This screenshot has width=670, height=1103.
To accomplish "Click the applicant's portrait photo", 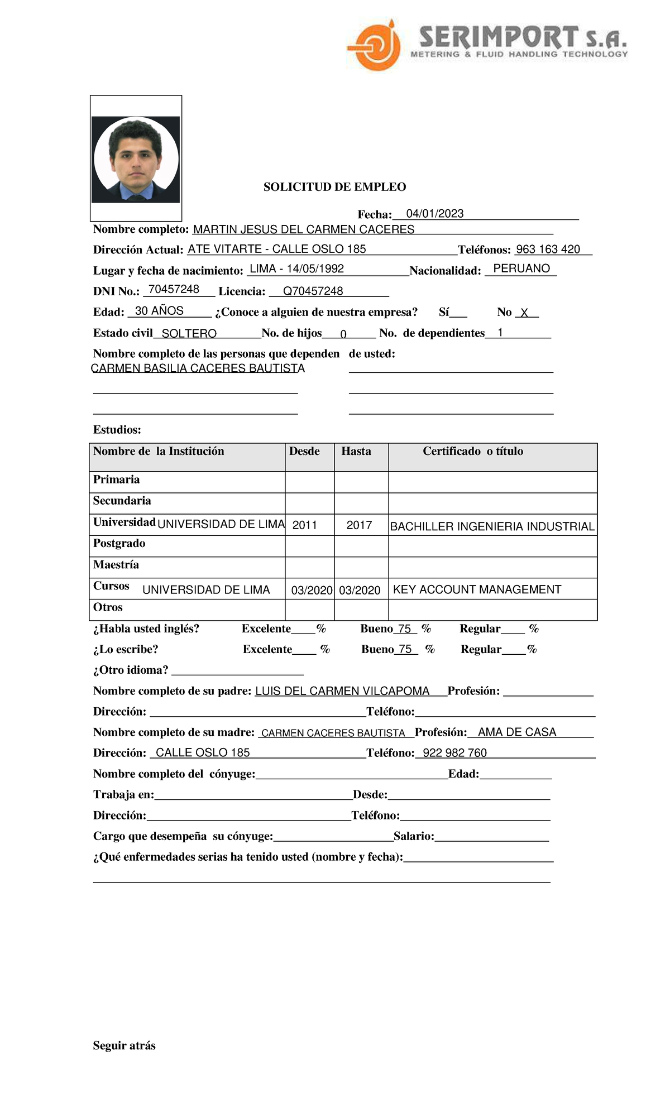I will coord(136,159).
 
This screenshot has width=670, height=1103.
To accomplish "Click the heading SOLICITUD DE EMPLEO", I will coord(334,187).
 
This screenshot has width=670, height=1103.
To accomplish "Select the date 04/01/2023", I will coord(435,214).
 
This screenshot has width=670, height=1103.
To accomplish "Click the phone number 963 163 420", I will coord(548,250).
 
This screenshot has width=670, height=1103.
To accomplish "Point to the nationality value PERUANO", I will coord(521,268).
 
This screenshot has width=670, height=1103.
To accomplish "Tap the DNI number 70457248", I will coord(174,289).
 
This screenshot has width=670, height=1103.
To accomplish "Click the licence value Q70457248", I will coord(313,291).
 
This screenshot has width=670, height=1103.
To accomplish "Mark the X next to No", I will coord(524,313).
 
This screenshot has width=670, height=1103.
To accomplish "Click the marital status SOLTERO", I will coord(189,334).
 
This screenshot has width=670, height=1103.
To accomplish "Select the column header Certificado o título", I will coord(472,451).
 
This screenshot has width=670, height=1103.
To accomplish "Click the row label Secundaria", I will coord(122,501).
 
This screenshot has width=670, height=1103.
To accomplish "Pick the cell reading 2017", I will coord(359,525).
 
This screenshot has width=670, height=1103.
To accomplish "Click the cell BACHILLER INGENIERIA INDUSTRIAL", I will coord(492,526).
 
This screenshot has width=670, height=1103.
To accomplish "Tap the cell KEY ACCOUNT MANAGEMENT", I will coord(477,589).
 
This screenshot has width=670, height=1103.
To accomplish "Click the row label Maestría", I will coord(116,565).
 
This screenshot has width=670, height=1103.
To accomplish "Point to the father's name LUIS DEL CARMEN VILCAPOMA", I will coord(342,691).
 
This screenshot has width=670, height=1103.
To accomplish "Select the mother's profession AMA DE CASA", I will coord(517,732).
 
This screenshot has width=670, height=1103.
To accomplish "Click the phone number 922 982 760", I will coord(454,753).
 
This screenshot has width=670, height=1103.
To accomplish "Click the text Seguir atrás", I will coord(124,1046).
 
